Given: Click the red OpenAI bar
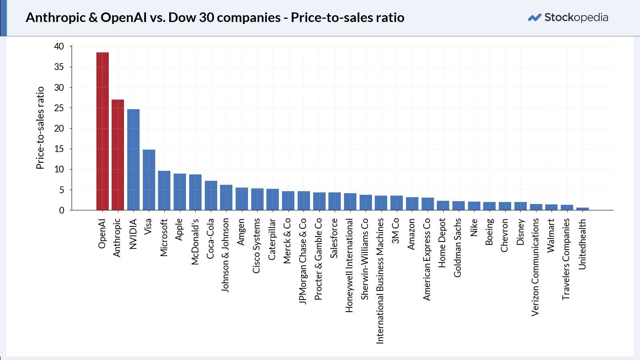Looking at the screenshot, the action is click(102, 132).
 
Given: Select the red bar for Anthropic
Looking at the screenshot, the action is click(118, 155).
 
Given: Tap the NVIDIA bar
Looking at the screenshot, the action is click(134, 160).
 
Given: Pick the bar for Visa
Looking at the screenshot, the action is click(149, 180).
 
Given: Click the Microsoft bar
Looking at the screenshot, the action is click(164, 190).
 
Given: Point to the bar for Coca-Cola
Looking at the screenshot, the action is click(211, 196).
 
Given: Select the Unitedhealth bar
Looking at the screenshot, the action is click(582, 209).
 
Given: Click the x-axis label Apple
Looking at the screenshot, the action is click(179, 230).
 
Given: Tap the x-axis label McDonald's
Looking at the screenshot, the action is click(195, 242).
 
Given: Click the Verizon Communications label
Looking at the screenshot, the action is click(535, 268).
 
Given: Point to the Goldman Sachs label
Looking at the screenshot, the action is click(458, 248).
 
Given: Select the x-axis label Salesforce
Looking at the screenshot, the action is click(334, 238).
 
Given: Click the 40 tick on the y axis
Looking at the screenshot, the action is click(59, 46).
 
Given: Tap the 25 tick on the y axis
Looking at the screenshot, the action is click(59, 108).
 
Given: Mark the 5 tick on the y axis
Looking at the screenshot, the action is click(62, 190).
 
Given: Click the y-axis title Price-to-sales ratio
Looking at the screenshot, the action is click(40, 128).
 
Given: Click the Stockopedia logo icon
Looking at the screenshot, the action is click(534, 18).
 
